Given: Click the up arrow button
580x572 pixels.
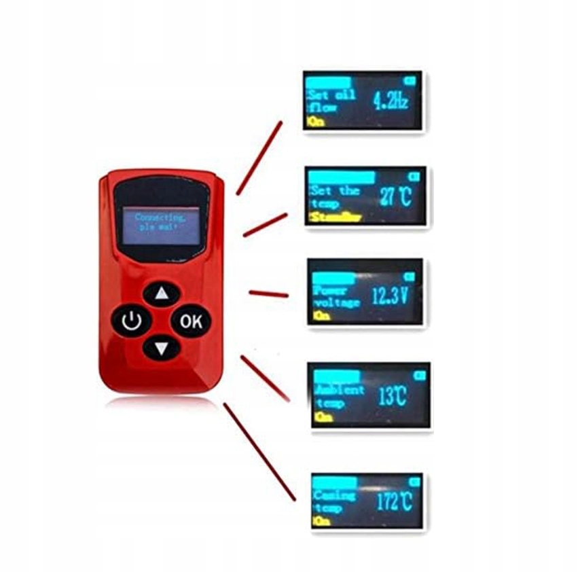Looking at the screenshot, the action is [162, 294].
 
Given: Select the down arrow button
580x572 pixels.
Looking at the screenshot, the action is [162, 348].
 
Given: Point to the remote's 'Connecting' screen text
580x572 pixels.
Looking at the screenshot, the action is [160, 221].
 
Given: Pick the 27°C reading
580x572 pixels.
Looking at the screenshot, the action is [395, 198].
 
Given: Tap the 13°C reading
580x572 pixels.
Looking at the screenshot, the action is [393, 396].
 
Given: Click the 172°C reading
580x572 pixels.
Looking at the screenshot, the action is [394, 501].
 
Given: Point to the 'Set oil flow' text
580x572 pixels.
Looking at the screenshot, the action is [331, 101].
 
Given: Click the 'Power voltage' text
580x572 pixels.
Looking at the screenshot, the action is [336, 297].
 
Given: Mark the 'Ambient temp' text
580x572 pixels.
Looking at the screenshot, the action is [339, 397].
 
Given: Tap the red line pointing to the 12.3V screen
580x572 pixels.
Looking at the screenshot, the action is [269, 293].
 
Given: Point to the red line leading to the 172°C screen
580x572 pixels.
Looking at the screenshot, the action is [259, 452].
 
